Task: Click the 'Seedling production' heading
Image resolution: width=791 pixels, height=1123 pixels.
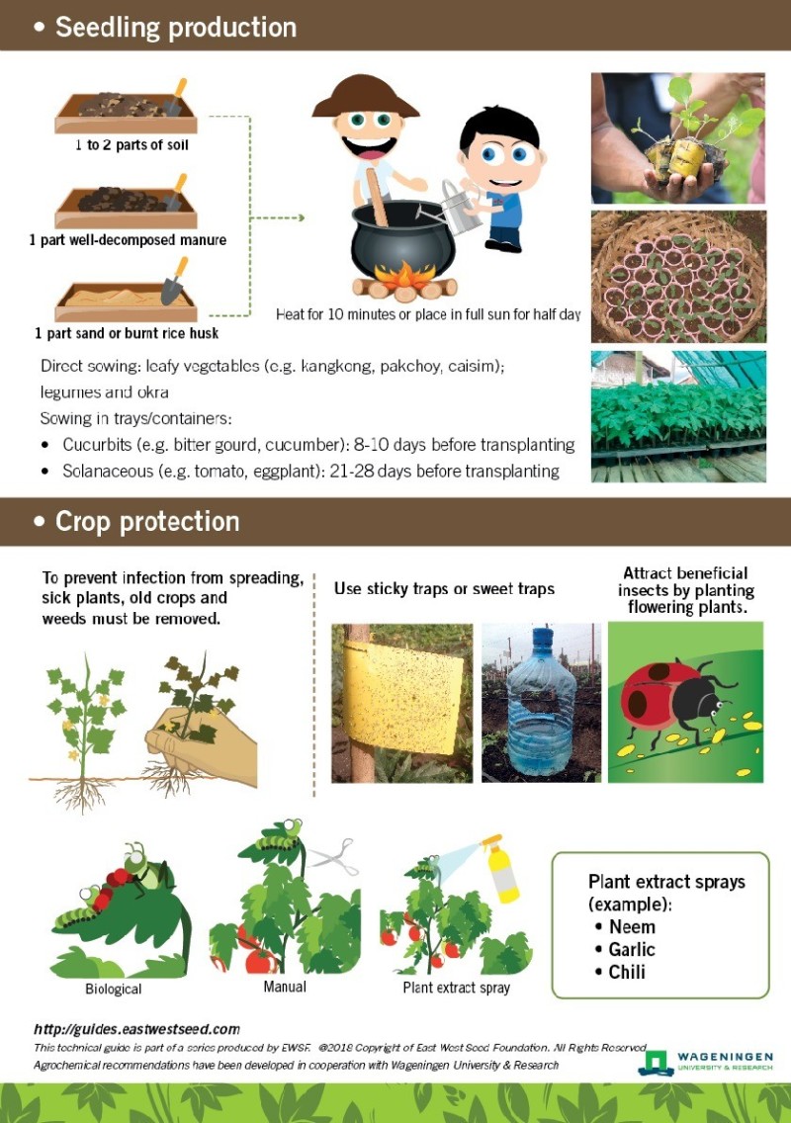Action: point(175,27)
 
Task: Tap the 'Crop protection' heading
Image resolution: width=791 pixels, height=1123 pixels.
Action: point(147,521)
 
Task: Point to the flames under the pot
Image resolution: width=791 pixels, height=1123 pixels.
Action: point(404,280)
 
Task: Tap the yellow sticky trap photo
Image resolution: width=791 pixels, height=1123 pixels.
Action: point(401,703)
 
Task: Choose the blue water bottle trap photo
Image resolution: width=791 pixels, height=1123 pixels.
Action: point(541,703)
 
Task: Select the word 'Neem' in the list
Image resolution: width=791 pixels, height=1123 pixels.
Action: point(632,927)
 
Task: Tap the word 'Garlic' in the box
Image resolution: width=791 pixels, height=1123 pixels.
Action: point(632,949)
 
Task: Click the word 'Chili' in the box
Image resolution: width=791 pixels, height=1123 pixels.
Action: point(627,972)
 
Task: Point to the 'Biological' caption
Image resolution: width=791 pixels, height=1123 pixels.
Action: point(113,989)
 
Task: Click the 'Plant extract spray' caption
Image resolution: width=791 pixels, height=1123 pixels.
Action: point(456,988)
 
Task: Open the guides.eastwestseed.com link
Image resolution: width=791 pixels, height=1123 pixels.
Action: point(136,1029)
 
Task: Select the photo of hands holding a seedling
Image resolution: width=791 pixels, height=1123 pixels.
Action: point(678,138)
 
